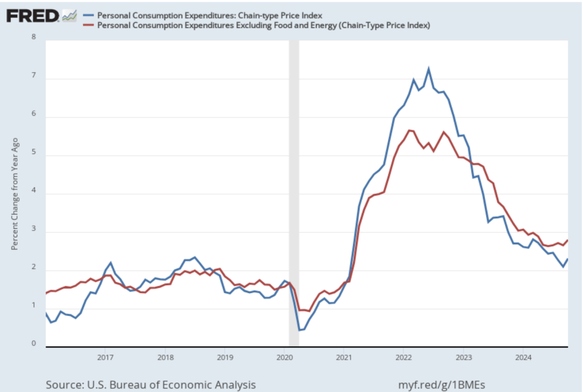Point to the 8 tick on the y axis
tap(33, 38)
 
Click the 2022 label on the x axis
tap(404, 357)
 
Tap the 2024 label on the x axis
tap(523, 357)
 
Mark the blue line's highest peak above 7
tap(428, 69)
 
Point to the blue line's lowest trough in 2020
tap(299, 330)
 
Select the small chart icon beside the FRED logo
tap(69, 15)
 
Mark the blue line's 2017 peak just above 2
tap(110, 263)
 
